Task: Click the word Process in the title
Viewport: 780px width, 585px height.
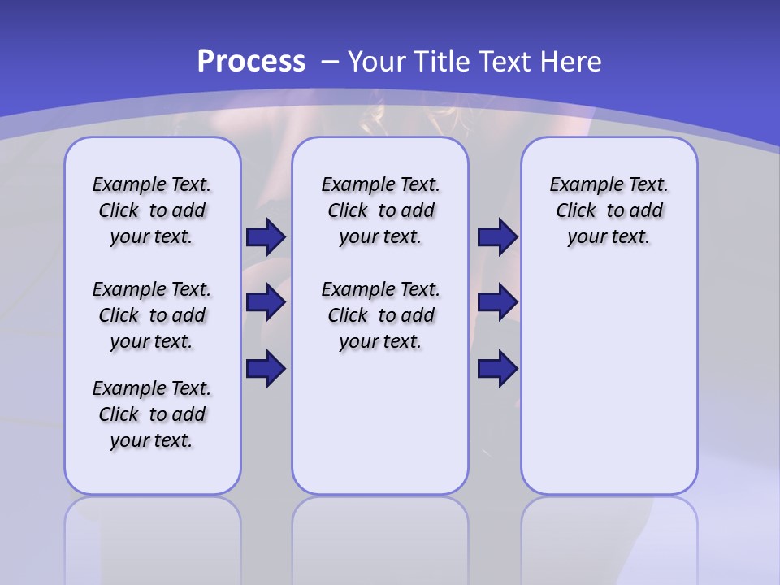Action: pos(251,62)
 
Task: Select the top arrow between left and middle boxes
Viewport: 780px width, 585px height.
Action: pos(266,237)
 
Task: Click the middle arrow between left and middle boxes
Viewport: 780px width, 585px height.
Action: pos(266,302)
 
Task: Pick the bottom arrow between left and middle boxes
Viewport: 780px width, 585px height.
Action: pos(266,369)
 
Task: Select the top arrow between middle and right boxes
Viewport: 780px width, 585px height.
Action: pos(497,237)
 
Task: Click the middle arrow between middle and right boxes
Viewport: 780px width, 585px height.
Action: pos(497,302)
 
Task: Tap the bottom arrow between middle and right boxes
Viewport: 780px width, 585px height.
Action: pos(497,369)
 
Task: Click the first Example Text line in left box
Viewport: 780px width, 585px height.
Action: pos(152,184)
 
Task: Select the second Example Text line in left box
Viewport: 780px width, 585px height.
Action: pos(152,289)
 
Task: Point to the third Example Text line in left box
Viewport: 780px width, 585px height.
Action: pos(152,388)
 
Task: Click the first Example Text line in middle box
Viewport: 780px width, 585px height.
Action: pos(380,184)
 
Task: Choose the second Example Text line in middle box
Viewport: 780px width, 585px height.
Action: pos(380,289)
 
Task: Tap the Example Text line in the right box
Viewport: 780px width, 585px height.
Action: pos(609,184)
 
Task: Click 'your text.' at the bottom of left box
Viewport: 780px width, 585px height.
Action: pos(152,440)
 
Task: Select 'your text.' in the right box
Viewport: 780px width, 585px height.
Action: pos(609,237)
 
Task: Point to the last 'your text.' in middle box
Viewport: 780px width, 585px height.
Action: pos(380,341)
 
